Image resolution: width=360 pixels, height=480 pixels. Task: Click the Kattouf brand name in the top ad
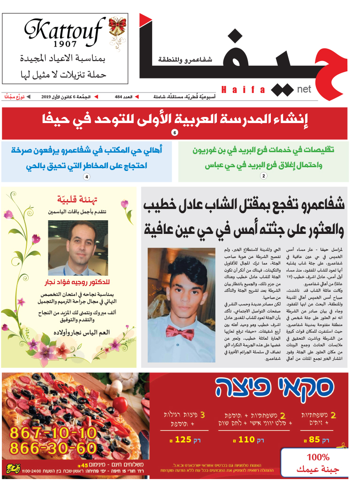pyautogui.click(x=64, y=31)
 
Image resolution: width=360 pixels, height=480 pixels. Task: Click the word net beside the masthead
pyautogui.click(x=304, y=89)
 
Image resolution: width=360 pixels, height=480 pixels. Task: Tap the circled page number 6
pyautogui.click(x=175, y=133)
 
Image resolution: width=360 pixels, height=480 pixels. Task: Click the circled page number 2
pyautogui.click(x=263, y=176)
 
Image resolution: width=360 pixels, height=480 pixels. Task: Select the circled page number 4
pyautogui.click(x=86, y=177)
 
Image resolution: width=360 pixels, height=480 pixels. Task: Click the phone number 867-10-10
pyautogui.click(x=54, y=432)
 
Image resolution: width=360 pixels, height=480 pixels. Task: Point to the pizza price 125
pyautogui.click(x=183, y=441)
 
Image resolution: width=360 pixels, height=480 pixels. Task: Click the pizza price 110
pyautogui.click(x=246, y=441)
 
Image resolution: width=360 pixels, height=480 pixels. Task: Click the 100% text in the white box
pyautogui.click(x=318, y=457)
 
